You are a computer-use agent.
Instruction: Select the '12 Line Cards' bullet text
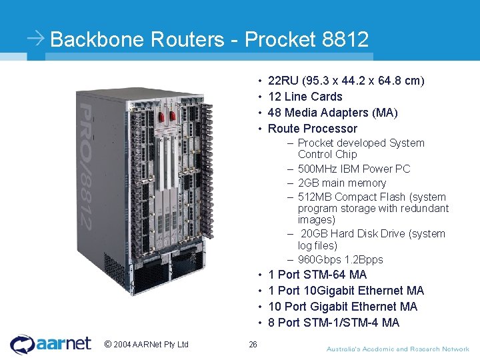pos(305,97)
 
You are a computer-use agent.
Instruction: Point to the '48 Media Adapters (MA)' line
pos(333,113)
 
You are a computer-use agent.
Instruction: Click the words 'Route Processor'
pos(312,129)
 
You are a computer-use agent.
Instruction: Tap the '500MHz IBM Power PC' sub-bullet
pos(354,169)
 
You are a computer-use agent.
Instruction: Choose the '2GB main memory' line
pos(341,183)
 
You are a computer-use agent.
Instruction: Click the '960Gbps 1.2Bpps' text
pos(340,260)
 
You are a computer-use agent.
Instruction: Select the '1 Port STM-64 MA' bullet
pos(317,275)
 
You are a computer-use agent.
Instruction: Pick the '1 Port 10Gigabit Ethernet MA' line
pos(345,291)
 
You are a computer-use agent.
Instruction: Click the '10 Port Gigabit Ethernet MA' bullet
pos(342,307)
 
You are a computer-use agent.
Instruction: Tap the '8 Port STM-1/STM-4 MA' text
pos(333,323)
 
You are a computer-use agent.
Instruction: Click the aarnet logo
pos(51,344)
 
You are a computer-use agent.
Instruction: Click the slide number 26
pos(253,345)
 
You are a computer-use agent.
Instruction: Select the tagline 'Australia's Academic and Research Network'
pos(397,349)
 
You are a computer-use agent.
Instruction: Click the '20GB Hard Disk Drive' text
pos(371,234)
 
